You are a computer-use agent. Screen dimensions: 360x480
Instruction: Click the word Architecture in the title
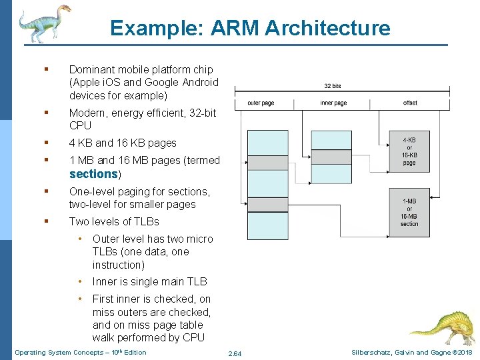[327, 28]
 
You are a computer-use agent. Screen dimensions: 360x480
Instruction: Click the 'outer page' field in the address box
[261, 103]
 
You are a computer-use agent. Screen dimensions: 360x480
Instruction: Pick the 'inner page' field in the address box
[333, 103]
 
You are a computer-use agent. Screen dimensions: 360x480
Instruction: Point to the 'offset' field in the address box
[410, 103]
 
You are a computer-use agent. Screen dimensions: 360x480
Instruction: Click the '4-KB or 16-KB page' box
[409, 151]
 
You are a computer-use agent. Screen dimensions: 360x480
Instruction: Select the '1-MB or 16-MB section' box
[409, 211]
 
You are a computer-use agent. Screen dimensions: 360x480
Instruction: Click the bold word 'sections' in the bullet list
[93, 174]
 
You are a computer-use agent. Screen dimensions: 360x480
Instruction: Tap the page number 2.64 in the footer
[235, 353]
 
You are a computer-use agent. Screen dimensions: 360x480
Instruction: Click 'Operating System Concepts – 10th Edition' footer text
[80, 352]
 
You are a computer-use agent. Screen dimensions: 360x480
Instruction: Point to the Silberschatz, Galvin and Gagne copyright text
[410, 352]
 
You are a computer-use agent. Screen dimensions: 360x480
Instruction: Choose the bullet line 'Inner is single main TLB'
[149, 282]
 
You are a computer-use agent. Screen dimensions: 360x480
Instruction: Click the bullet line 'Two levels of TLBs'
[114, 221]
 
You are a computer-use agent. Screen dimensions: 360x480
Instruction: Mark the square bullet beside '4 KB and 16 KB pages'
[46, 143]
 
